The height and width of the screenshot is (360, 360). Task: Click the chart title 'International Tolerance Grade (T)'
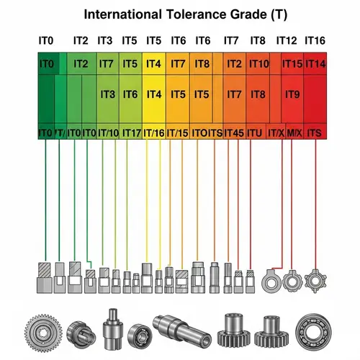[179, 14]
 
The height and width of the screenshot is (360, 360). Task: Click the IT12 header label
[287, 41]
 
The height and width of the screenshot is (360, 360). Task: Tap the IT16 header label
[316, 41]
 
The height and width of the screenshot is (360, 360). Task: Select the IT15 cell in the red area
[292, 64]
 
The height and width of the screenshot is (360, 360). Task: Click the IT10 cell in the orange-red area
[258, 64]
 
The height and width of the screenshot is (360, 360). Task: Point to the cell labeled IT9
[292, 94]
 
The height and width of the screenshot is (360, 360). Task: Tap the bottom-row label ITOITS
[207, 132]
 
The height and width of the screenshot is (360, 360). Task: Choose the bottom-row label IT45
[234, 132]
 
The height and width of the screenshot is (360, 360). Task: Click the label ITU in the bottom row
[254, 132]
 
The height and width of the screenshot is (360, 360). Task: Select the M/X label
[294, 132]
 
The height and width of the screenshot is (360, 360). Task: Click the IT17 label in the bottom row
[131, 132]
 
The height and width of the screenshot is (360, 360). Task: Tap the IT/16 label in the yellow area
[154, 132]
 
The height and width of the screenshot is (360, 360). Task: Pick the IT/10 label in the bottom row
[109, 132]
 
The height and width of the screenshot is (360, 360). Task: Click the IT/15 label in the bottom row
[178, 132]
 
